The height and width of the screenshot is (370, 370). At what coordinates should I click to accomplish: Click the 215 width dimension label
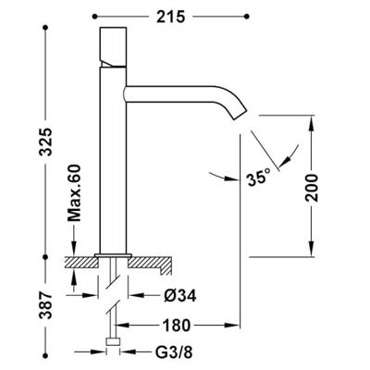pos(170,17)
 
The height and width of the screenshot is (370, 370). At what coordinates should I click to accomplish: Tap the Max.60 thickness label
pos(74,193)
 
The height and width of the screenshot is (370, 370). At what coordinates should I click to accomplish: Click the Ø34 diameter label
pos(180,297)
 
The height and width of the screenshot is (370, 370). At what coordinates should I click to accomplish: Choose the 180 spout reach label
pos(177,326)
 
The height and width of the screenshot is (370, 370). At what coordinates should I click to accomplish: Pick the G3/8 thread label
pos(175,352)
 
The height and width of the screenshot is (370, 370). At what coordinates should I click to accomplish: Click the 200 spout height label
pos(312,188)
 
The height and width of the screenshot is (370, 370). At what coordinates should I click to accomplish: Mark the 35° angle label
pos(258,179)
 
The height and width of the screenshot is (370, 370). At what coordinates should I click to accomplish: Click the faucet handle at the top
pos(113,47)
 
